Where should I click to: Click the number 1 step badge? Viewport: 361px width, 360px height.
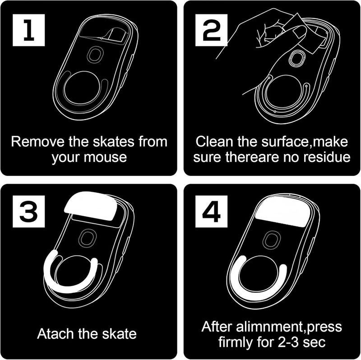(x=28, y=30)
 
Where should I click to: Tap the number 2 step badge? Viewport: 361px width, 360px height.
(x=211, y=30)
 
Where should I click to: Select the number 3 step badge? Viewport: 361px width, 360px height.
(x=28, y=211)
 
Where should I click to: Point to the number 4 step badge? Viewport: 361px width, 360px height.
(x=211, y=211)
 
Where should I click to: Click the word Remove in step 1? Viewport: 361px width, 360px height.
(x=38, y=141)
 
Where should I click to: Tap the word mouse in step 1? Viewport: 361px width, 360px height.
(x=105, y=157)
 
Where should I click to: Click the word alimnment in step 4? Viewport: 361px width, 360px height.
(x=269, y=327)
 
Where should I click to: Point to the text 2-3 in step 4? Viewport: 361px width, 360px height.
(x=288, y=342)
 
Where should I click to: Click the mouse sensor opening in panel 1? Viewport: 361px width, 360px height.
(x=95, y=54)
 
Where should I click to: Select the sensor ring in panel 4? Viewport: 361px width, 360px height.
(x=272, y=240)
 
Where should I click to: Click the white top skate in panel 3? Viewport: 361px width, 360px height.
(x=91, y=206)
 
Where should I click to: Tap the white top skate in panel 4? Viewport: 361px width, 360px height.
(x=283, y=212)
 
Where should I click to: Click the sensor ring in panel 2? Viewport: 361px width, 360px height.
(x=297, y=58)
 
